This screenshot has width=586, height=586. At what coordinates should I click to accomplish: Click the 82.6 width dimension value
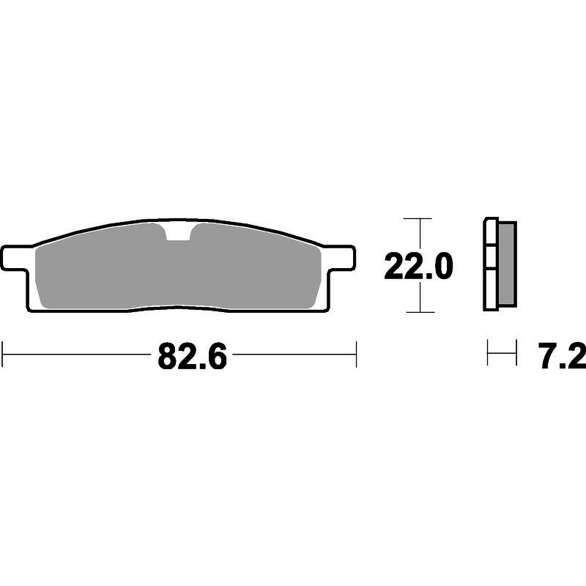(x=192, y=357)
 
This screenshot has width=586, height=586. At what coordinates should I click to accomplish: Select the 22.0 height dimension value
(x=418, y=266)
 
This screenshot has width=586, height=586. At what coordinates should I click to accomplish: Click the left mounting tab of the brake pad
(x=15, y=258)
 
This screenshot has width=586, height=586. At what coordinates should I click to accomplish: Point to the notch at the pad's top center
(x=177, y=232)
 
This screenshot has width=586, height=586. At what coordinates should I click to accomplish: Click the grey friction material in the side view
(x=507, y=264)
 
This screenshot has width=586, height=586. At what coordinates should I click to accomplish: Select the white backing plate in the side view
(x=491, y=264)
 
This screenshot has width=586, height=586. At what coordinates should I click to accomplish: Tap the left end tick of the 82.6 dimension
(x=2, y=354)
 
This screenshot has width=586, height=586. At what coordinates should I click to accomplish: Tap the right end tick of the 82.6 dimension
(x=356, y=354)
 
